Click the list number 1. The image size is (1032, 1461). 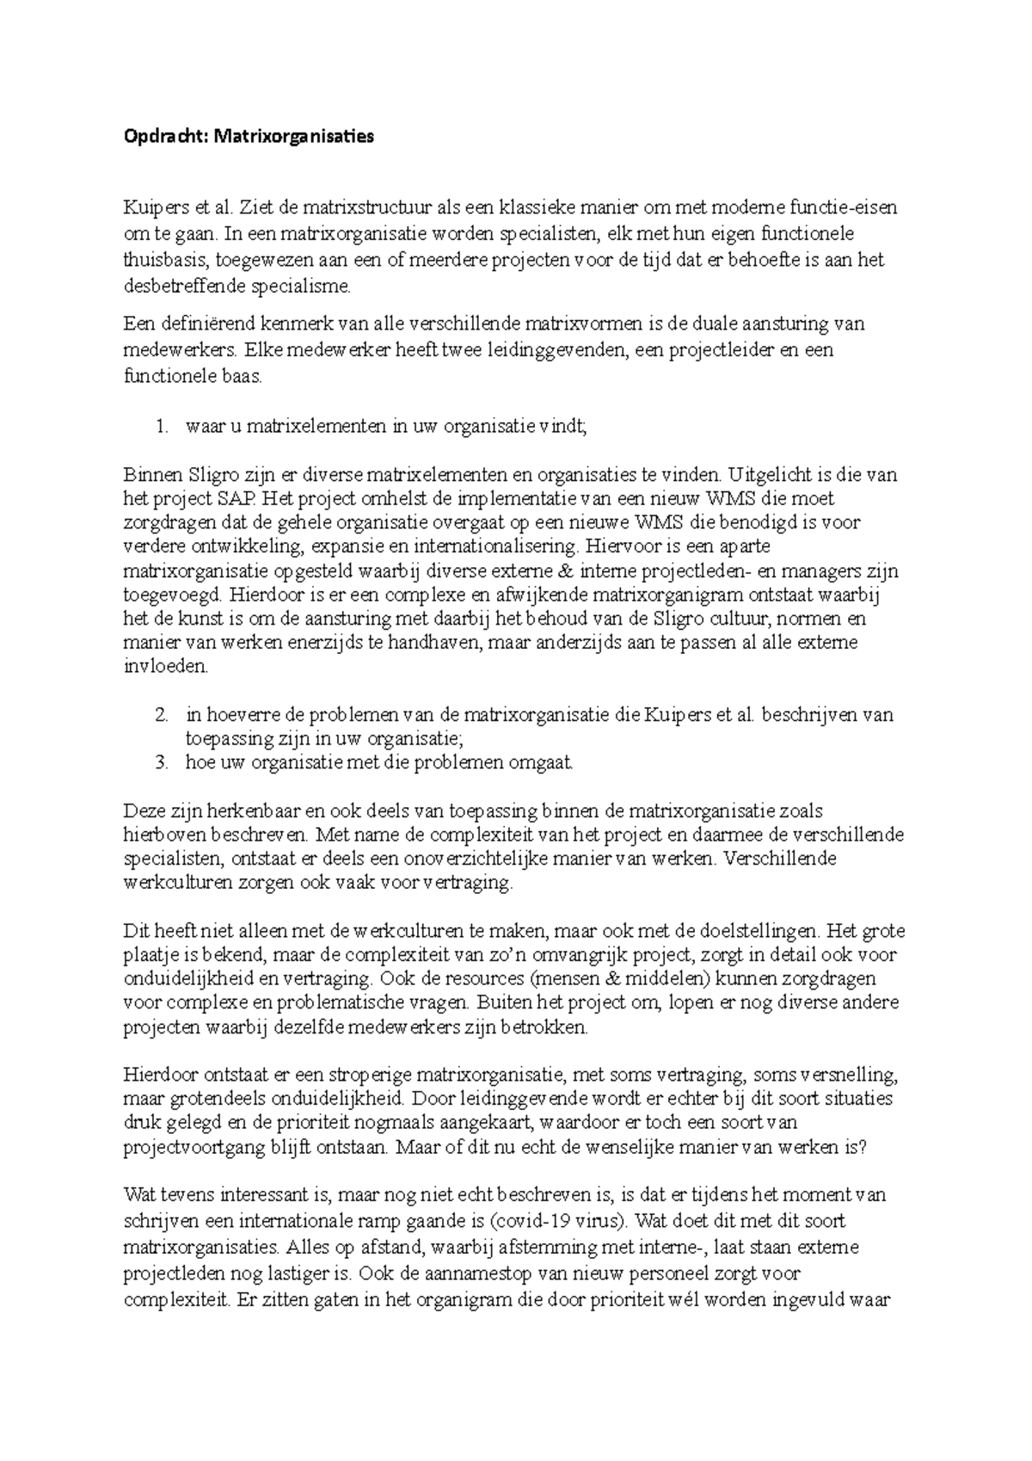coord(160,427)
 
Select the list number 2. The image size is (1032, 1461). coord(160,715)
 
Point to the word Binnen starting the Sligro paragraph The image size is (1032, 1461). coord(149,475)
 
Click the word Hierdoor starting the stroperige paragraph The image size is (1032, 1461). coord(161,1075)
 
